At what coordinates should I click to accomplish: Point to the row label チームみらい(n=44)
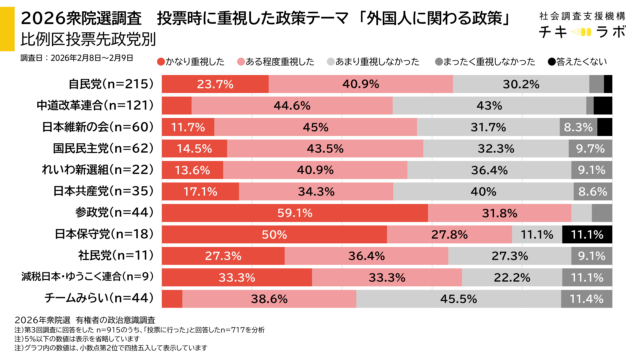pyautogui.click(x=100, y=297)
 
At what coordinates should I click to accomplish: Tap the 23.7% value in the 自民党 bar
pyautogui.click(x=215, y=85)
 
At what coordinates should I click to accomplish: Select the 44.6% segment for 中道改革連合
pyautogui.click(x=291, y=106)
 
